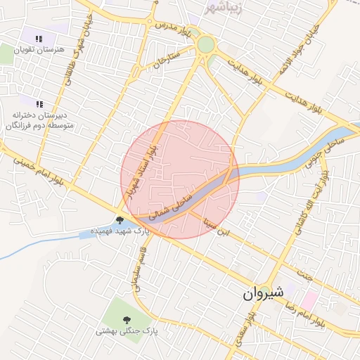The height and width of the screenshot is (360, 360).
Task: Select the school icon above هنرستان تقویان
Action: [x=39, y=39]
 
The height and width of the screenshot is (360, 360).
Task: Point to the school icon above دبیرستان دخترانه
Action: [x=39, y=104]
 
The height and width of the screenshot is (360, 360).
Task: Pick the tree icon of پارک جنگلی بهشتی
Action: [x=126, y=319]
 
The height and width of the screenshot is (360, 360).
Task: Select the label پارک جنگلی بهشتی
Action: [x=127, y=329]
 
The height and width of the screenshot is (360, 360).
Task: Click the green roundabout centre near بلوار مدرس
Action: [x=205, y=45]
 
